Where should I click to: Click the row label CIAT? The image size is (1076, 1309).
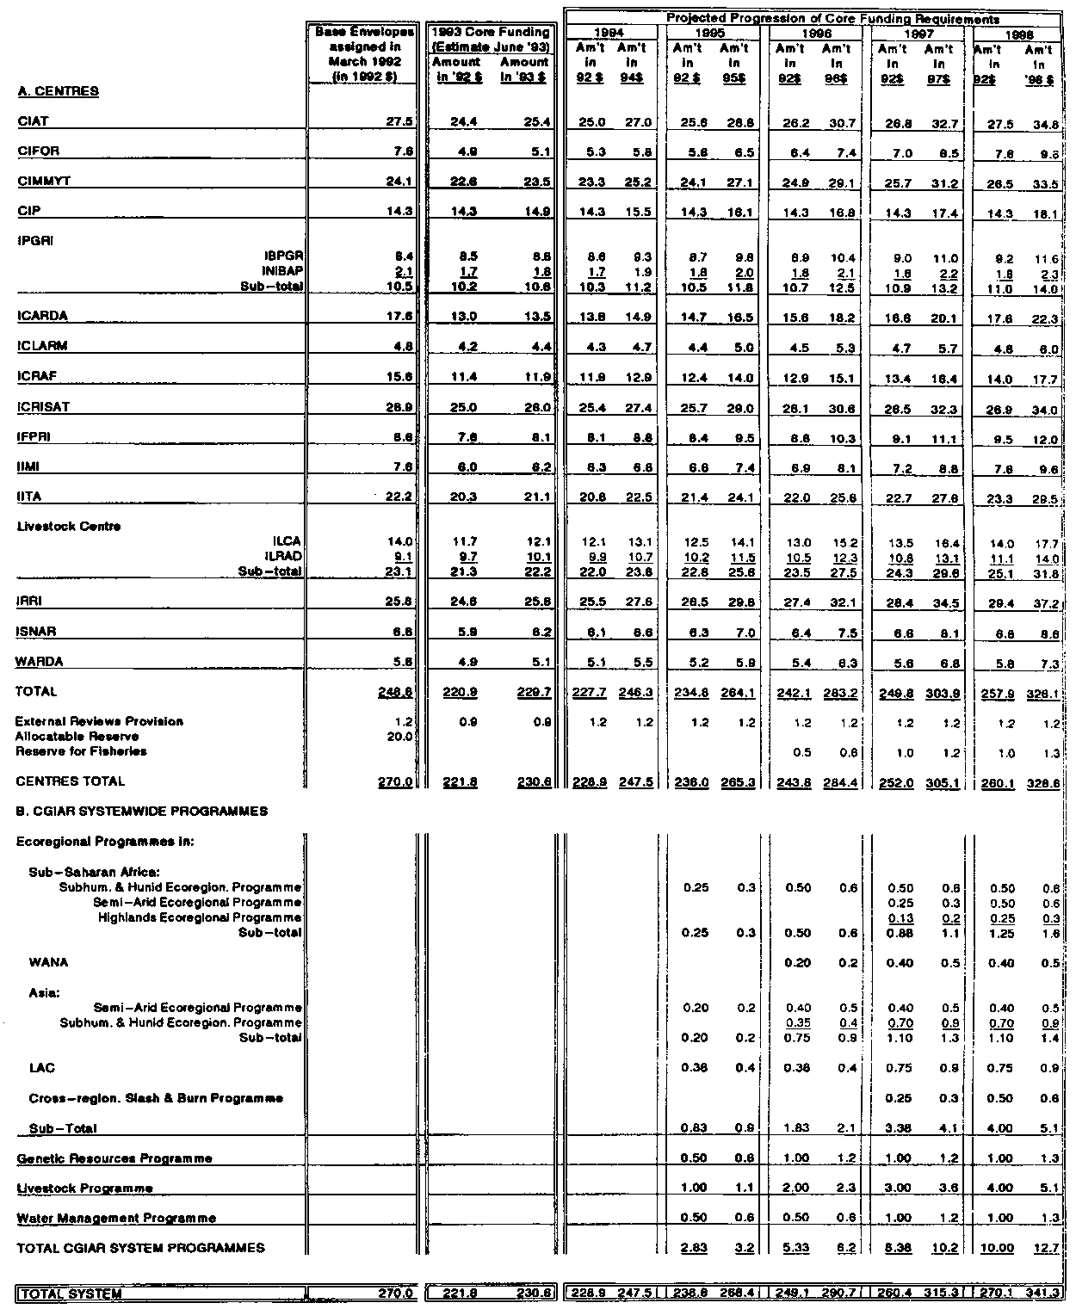31,121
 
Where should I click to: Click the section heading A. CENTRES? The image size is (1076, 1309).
58,91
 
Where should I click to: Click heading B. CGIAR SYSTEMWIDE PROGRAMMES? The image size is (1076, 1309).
142,811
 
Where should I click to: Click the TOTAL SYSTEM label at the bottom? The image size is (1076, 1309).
71,1293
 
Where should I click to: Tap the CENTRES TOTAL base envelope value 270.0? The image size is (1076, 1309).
398,781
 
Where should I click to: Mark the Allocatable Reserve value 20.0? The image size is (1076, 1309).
401,737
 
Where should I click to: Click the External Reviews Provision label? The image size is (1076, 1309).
100,721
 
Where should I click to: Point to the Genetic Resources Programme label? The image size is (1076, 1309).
114,1158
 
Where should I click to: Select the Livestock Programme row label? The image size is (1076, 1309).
85,1189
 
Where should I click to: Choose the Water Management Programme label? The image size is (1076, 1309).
116,1218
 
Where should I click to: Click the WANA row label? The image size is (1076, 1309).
48,962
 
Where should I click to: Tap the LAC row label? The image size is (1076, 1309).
41,1068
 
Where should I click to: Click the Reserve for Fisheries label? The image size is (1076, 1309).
81,751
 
